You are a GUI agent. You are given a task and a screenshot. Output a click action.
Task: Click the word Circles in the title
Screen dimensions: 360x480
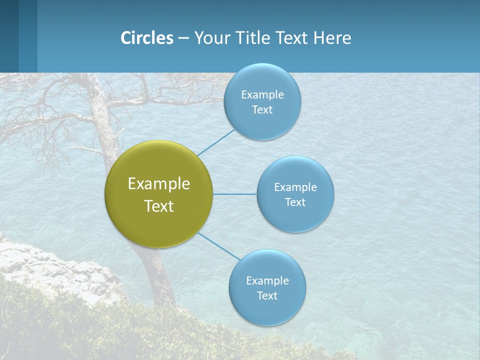pos(147,38)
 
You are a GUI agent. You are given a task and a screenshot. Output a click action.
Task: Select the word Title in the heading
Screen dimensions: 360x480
pos(253,38)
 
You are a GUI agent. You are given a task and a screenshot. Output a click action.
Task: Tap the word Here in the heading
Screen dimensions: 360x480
pos(332,38)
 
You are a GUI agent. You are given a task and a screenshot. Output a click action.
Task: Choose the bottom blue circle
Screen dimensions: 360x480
pos(267,310)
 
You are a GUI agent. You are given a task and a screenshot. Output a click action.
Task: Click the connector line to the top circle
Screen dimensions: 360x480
pos(216,143)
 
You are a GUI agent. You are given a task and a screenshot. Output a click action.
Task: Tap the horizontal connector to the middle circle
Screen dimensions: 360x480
pos(234,194)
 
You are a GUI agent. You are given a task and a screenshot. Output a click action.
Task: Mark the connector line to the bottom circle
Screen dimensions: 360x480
pos(218,246)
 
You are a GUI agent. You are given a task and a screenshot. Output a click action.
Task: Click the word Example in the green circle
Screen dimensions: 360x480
pos(159,184)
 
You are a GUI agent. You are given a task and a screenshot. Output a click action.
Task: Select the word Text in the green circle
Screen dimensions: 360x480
pos(159,206)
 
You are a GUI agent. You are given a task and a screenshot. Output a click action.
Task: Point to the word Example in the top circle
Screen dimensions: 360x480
pos(262,95)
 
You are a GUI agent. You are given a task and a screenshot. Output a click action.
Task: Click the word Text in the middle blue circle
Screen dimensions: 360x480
pos(295,202)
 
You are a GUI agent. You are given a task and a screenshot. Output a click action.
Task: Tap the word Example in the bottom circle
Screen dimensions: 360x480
pos(267,281)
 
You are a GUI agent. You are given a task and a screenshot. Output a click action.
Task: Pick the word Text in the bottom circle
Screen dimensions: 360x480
pos(267,296)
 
